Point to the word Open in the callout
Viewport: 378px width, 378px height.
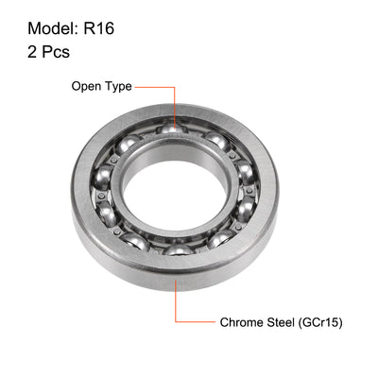[x=88, y=86]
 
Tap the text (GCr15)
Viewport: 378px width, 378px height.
[x=321, y=322]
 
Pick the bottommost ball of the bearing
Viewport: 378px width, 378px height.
[x=176, y=249]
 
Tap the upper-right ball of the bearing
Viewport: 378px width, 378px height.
[x=216, y=140]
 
